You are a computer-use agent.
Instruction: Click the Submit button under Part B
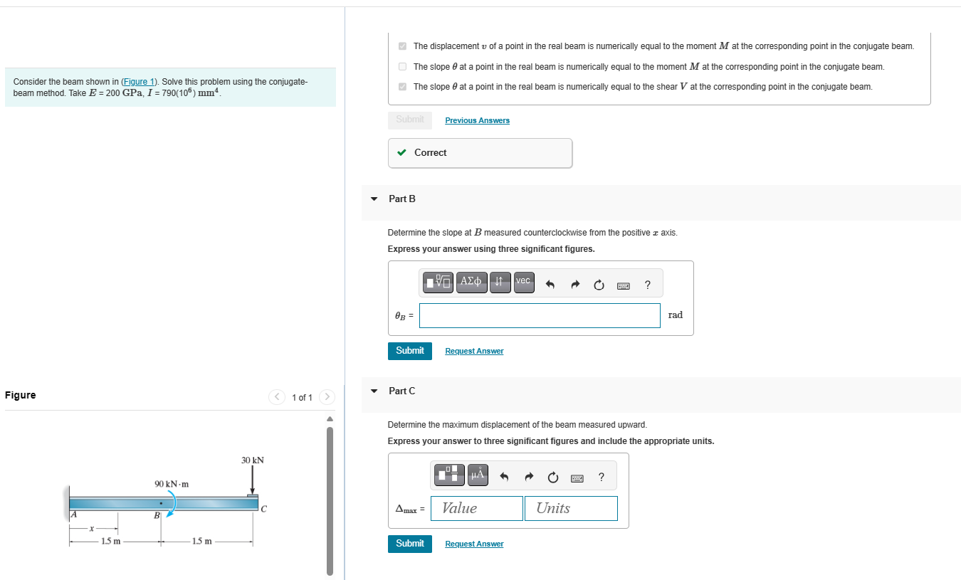pyautogui.click(x=409, y=351)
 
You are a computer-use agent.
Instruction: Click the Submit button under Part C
pyautogui.click(x=409, y=544)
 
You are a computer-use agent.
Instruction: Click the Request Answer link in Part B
pyautogui.click(x=474, y=352)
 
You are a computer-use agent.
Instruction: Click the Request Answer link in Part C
pyautogui.click(x=474, y=544)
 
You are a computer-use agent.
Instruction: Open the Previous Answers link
pyautogui.click(x=477, y=121)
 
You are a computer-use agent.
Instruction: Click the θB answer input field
pyautogui.click(x=540, y=315)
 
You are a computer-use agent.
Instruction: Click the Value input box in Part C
pyautogui.click(x=477, y=508)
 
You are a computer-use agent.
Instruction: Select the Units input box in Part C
pyautogui.click(x=570, y=508)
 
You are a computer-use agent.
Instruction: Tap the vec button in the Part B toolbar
pyautogui.click(x=523, y=282)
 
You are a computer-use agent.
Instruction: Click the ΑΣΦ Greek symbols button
pyautogui.click(x=471, y=282)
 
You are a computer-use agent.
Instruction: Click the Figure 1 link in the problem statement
pyautogui.click(x=139, y=82)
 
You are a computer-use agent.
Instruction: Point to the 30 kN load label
pyautogui.click(x=252, y=460)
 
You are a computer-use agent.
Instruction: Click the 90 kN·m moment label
pyautogui.click(x=172, y=484)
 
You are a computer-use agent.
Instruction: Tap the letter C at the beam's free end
pyautogui.click(x=263, y=509)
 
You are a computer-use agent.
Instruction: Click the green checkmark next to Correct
pyautogui.click(x=402, y=152)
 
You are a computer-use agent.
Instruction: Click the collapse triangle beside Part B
pyautogui.click(x=374, y=199)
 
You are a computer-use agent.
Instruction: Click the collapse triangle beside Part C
pyautogui.click(x=374, y=391)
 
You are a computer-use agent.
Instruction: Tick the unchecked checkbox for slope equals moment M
pyautogui.click(x=402, y=67)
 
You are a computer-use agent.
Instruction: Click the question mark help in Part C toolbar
pyautogui.click(x=602, y=477)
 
